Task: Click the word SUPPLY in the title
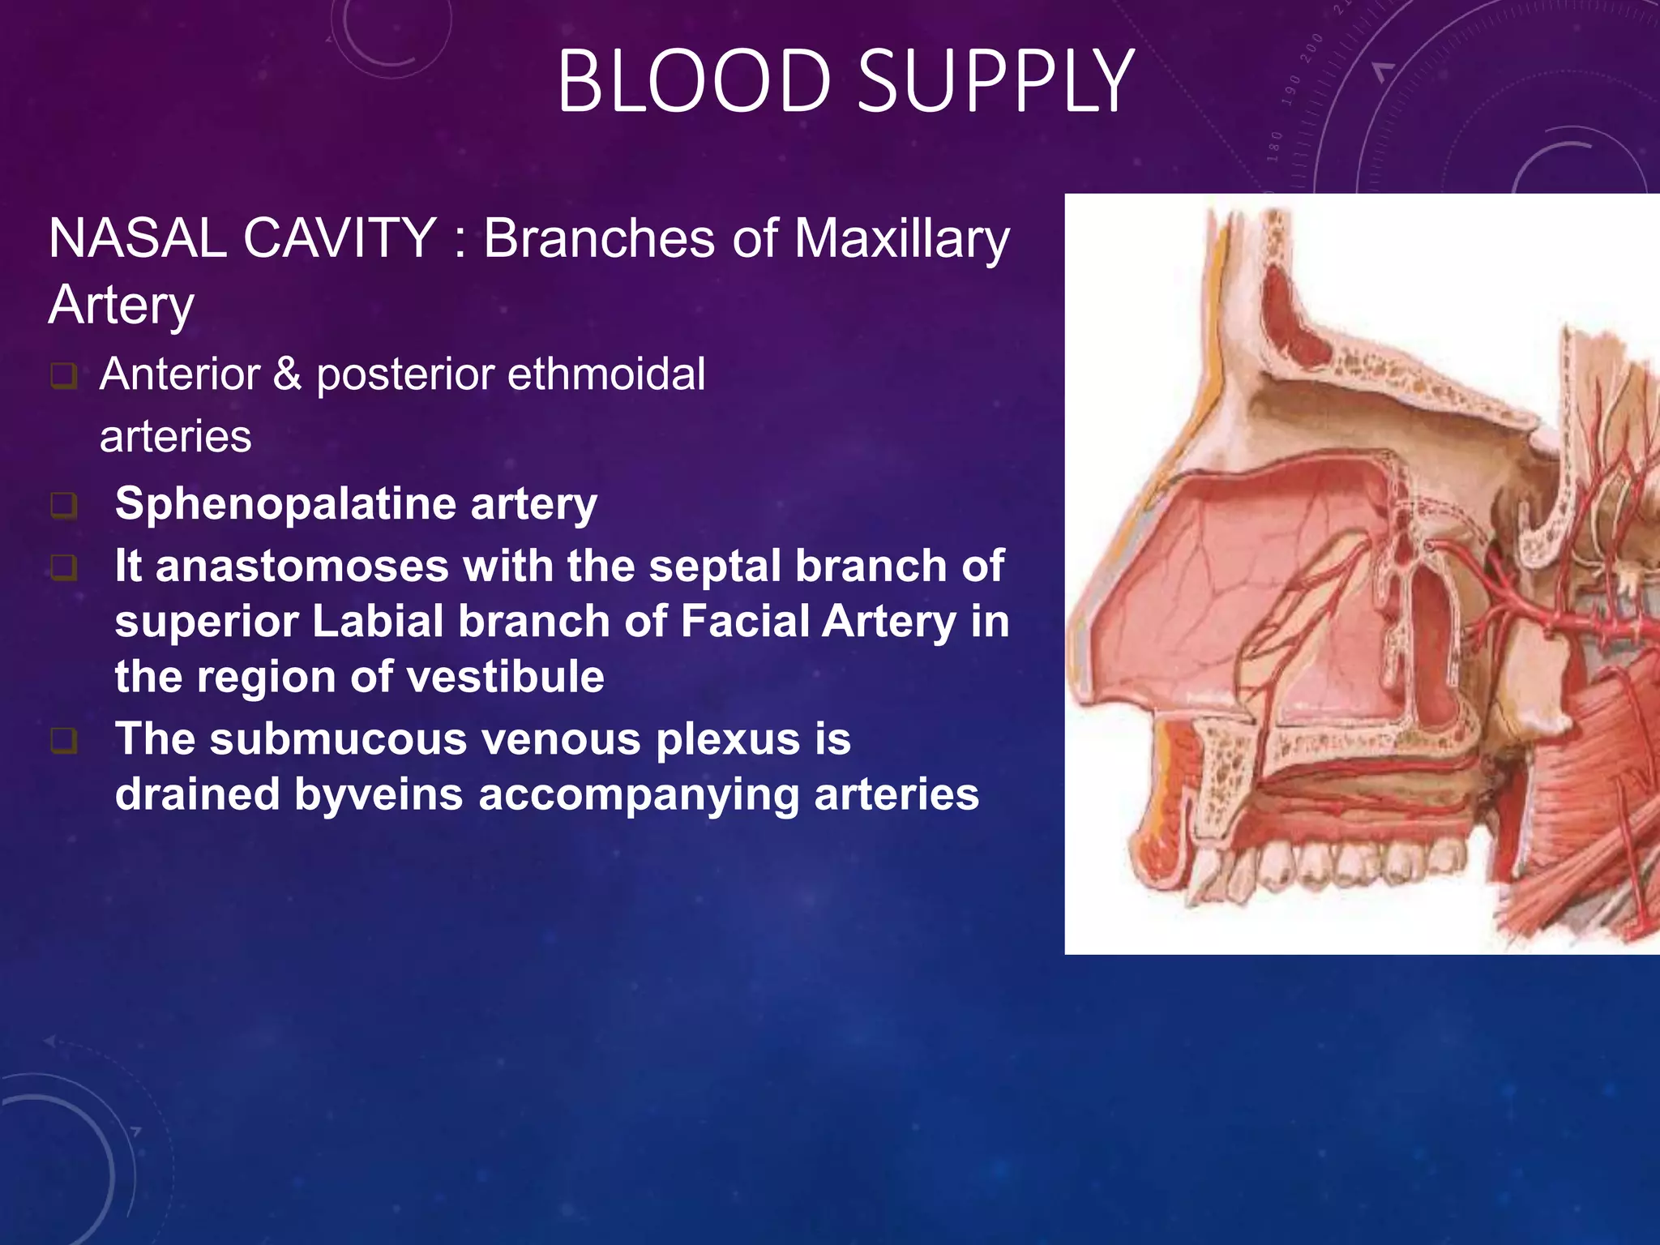995,81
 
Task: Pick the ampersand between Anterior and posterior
286,374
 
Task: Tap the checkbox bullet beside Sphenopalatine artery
63,506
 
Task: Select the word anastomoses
302,566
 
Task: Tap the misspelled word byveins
378,794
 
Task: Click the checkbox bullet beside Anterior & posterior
63,376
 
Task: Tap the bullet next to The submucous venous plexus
63,741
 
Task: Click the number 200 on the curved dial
1311,50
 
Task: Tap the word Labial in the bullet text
378,622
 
